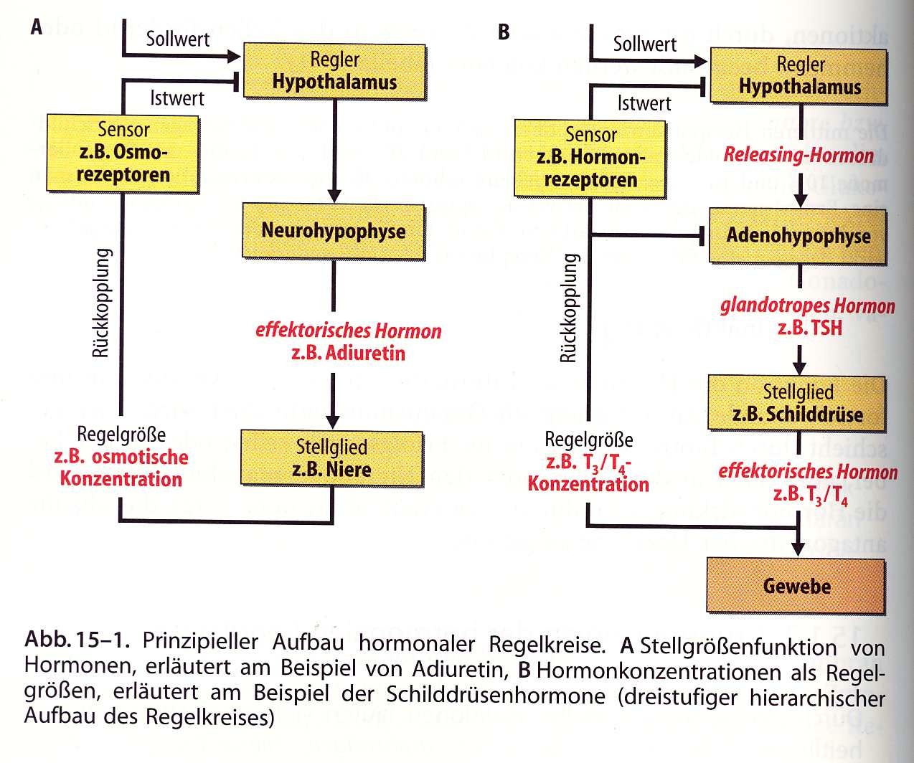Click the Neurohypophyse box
tap(334, 232)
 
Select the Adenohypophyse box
tap(798, 236)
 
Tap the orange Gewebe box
tap(796, 587)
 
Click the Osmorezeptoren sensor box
tap(123, 153)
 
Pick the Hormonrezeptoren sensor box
tap(590, 158)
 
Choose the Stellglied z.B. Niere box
tap(331, 458)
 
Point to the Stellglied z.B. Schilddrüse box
tap(796, 404)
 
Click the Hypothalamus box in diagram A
tap(334, 71)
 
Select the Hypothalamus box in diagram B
tap(799, 77)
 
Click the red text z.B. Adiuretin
tap(349, 354)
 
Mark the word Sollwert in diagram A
tap(178, 39)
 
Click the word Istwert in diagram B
tap(644, 104)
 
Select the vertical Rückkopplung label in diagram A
tap(102, 303)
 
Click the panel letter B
tap(504, 32)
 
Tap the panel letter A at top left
tap(37, 27)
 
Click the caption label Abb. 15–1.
tap(77, 640)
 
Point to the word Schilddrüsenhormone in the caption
tap(496, 694)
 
